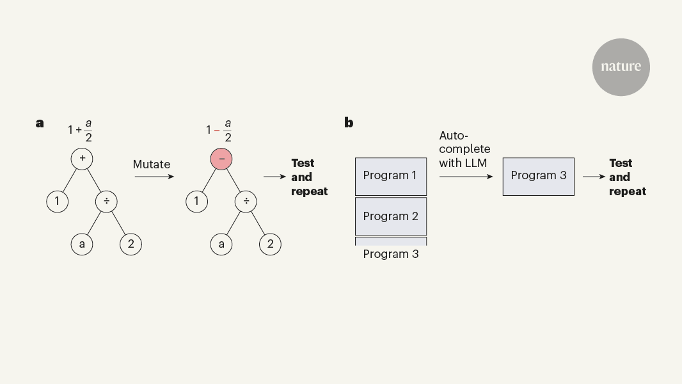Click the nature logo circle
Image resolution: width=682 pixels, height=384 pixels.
[x=621, y=67]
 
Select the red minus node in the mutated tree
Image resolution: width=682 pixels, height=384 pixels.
[x=221, y=157]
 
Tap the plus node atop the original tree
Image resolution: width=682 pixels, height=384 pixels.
[x=82, y=157]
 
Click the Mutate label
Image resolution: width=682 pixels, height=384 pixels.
[x=152, y=164]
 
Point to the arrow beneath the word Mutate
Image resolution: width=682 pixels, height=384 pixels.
[x=154, y=176]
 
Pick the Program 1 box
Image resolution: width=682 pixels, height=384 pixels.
[x=390, y=176]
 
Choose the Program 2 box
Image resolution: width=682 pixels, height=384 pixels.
[x=390, y=216]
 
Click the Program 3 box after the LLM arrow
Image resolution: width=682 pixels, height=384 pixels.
[x=538, y=176]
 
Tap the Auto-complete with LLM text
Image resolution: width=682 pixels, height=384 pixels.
[x=464, y=149]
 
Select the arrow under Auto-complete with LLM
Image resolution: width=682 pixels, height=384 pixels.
[x=466, y=176]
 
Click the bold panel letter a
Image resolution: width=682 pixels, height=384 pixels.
[x=40, y=123]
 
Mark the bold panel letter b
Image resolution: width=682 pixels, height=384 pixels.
[x=349, y=123]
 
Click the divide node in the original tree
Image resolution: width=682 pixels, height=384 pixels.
[x=107, y=202]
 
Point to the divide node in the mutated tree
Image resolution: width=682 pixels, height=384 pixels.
[x=246, y=202]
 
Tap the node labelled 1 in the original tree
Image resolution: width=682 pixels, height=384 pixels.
[x=57, y=202]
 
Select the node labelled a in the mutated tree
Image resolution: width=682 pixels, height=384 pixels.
[x=221, y=244]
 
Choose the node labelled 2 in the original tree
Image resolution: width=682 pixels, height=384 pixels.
[x=131, y=244]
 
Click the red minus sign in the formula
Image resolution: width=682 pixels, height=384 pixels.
[x=217, y=130]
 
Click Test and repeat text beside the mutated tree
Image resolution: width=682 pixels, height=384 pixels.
[x=309, y=177]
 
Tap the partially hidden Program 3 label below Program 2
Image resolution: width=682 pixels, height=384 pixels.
[x=390, y=254]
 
